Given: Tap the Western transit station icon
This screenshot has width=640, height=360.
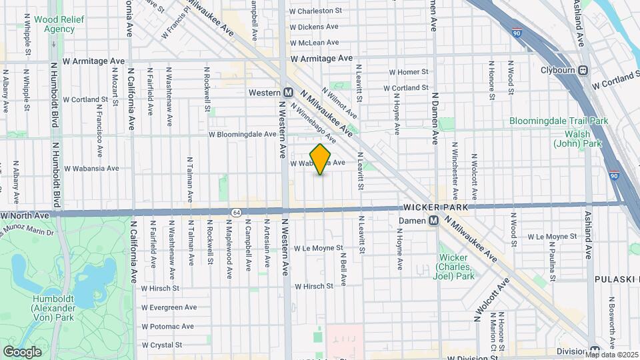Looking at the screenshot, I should coord(288,93).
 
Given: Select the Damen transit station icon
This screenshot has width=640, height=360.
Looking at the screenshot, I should coord(433,220).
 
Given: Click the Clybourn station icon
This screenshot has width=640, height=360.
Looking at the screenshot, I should coord(583,70).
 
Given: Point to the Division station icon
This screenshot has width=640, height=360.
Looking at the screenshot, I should coord(595,351).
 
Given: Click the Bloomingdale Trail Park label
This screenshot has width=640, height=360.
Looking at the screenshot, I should coord(559,121).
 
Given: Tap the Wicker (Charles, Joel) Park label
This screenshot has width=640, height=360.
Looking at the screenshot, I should coord(456,267).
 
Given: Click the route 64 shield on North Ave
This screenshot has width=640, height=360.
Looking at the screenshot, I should coord(237,212).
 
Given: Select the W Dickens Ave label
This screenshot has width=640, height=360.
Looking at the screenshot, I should coord(314,27).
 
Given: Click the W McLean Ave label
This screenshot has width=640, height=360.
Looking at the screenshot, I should coord(315,43).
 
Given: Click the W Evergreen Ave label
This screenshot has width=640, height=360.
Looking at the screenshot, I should coord(169,307).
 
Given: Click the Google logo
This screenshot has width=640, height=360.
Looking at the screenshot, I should coord(22,351).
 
